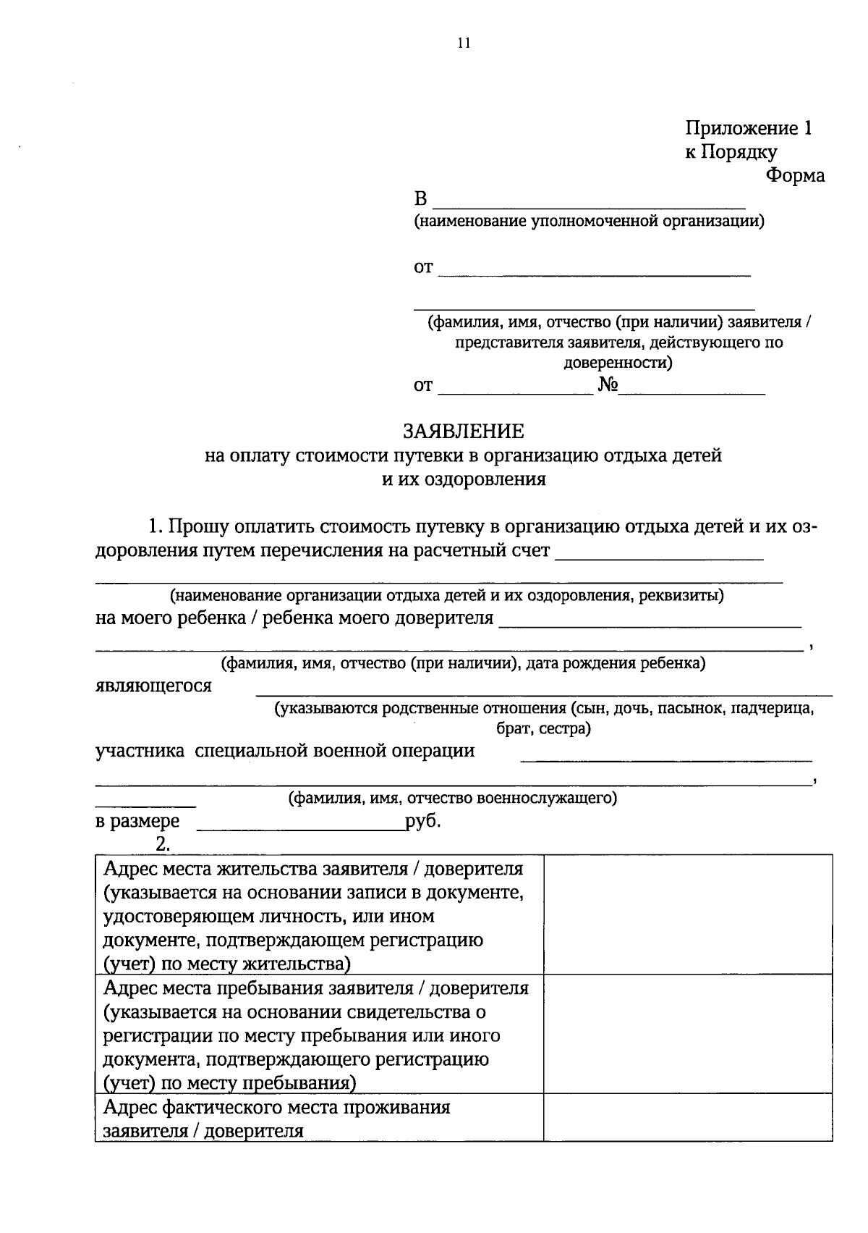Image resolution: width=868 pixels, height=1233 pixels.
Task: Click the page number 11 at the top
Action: (x=464, y=43)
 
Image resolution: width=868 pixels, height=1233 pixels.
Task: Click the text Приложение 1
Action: (x=749, y=129)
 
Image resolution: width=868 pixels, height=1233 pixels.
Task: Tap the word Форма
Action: (x=796, y=176)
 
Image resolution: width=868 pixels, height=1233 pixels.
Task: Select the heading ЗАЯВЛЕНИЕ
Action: (x=464, y=432)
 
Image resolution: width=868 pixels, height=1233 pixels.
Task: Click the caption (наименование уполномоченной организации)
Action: (x=589, y=221)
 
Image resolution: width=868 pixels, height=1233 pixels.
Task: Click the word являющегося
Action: (x=154, y=686)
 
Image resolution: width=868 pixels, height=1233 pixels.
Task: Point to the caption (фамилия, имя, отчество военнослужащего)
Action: (x=453, y=799)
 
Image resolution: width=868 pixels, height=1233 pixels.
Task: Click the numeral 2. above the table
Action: (x=162, y=843)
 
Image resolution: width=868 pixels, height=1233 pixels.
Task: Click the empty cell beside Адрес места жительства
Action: (x=687, y=914)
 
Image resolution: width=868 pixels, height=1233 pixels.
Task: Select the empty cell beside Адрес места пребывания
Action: (x=687, y=1033)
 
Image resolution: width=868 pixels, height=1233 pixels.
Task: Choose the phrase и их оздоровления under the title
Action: (x=464, y=479)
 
